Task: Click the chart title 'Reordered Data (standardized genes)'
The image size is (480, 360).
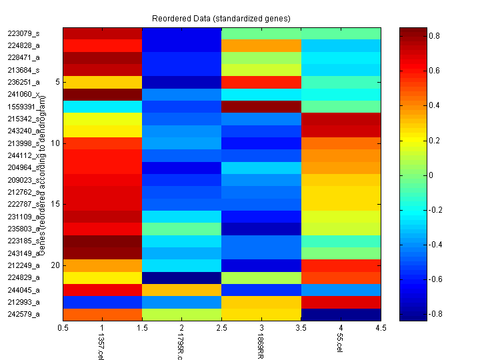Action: (221, 17)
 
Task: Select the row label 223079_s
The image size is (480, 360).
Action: (23, 33)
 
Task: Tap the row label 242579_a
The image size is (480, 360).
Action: (23, 314)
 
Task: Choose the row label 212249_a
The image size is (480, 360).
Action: (23, 265)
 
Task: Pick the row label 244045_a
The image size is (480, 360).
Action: (23, 289)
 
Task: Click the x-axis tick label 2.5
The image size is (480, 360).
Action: (221, 328)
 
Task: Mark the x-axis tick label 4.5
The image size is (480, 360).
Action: (381, 328)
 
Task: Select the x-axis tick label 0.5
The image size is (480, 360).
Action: (63, 328)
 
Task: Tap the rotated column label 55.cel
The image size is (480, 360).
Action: (340, 345)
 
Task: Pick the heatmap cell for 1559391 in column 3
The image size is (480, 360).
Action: (261, 107)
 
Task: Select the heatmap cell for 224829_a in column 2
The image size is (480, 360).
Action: (182, 277)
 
